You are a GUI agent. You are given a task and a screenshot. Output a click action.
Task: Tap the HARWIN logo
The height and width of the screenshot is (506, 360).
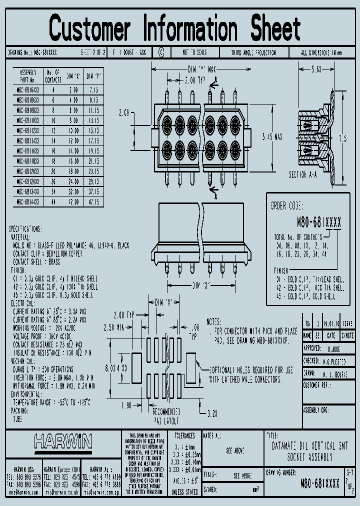(x=63, y=441)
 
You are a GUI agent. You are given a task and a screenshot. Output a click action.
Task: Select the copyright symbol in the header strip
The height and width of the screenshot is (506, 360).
(x=161, y=51)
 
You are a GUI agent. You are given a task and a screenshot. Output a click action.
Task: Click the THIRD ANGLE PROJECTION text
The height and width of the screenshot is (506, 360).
(x=253, y=52)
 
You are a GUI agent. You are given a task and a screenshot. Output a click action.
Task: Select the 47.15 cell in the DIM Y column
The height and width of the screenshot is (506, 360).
(x=93, y=202)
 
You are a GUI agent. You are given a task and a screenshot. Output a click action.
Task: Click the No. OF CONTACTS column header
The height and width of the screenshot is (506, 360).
(x=53, y=75)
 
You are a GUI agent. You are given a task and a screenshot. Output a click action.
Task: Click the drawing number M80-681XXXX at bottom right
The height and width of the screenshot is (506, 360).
(x=320, y=483)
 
